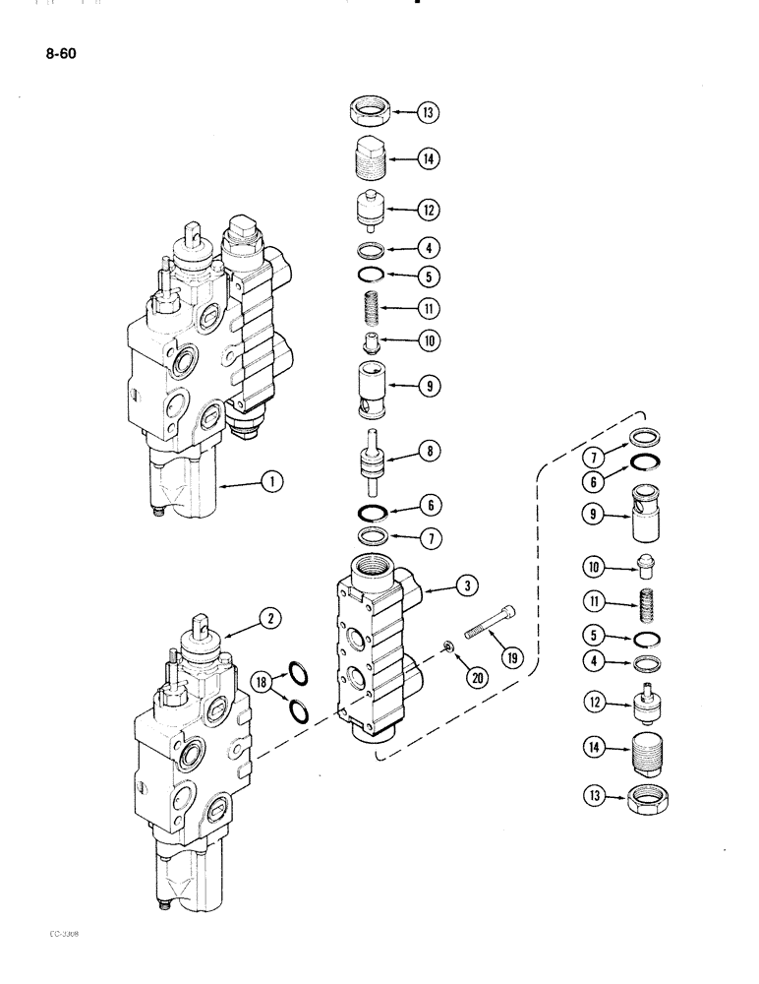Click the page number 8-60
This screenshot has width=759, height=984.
(60, 55)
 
